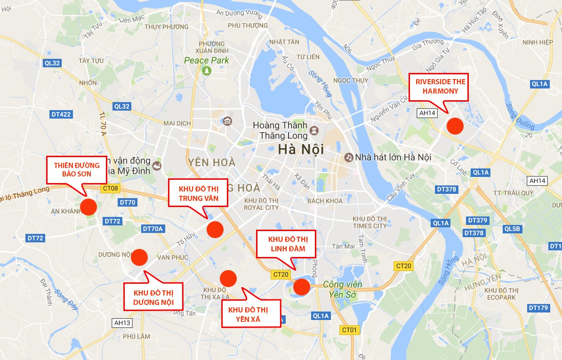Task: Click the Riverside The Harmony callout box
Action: click(438, 86)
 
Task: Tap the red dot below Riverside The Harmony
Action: click(455, 126)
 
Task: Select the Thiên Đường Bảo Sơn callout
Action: click(77, 170)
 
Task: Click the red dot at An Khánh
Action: click(88, 207)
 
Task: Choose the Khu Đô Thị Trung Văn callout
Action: click(198, 193)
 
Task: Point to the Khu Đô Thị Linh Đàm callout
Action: click(286, 244)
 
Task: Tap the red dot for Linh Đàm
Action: click(301, 286)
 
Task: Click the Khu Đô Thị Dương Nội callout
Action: click(153, 296)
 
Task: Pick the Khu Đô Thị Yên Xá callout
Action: click(251, 314)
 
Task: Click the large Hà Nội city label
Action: click(301, 150)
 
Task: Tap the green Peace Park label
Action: click(207, 60)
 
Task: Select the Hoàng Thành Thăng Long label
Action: click(280, 130)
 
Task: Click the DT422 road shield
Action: click(61, 114)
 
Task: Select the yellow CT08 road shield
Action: click(110, 189)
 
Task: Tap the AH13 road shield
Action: click(122, 323)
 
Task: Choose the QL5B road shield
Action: click(513, 229)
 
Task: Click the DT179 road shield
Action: click(538, 308)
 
